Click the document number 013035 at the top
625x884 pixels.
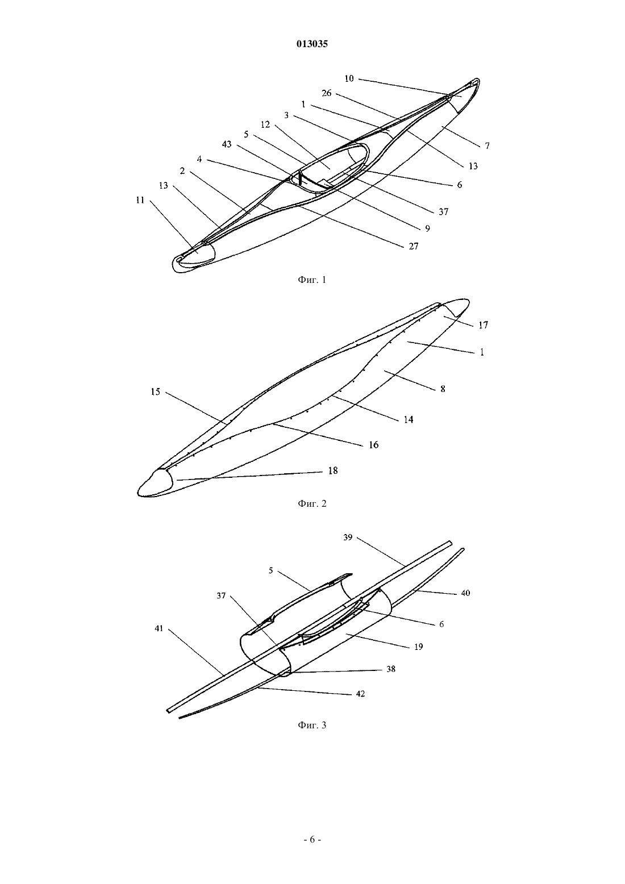312,44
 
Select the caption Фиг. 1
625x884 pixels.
312,280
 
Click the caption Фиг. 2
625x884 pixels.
312,503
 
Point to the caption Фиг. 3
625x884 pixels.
312,725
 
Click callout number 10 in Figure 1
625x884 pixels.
349,78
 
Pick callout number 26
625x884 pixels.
327,93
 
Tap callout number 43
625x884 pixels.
227,144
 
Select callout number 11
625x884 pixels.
140,200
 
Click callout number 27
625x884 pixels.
413,246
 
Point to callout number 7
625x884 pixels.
488,146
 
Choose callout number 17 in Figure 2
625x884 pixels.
484,325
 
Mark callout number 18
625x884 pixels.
333,470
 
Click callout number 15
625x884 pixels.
156,392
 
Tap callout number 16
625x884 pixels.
374,445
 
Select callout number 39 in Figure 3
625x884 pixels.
348,537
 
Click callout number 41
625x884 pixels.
159,629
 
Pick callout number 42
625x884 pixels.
360,694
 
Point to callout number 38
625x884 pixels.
391,669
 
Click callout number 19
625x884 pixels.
418,647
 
